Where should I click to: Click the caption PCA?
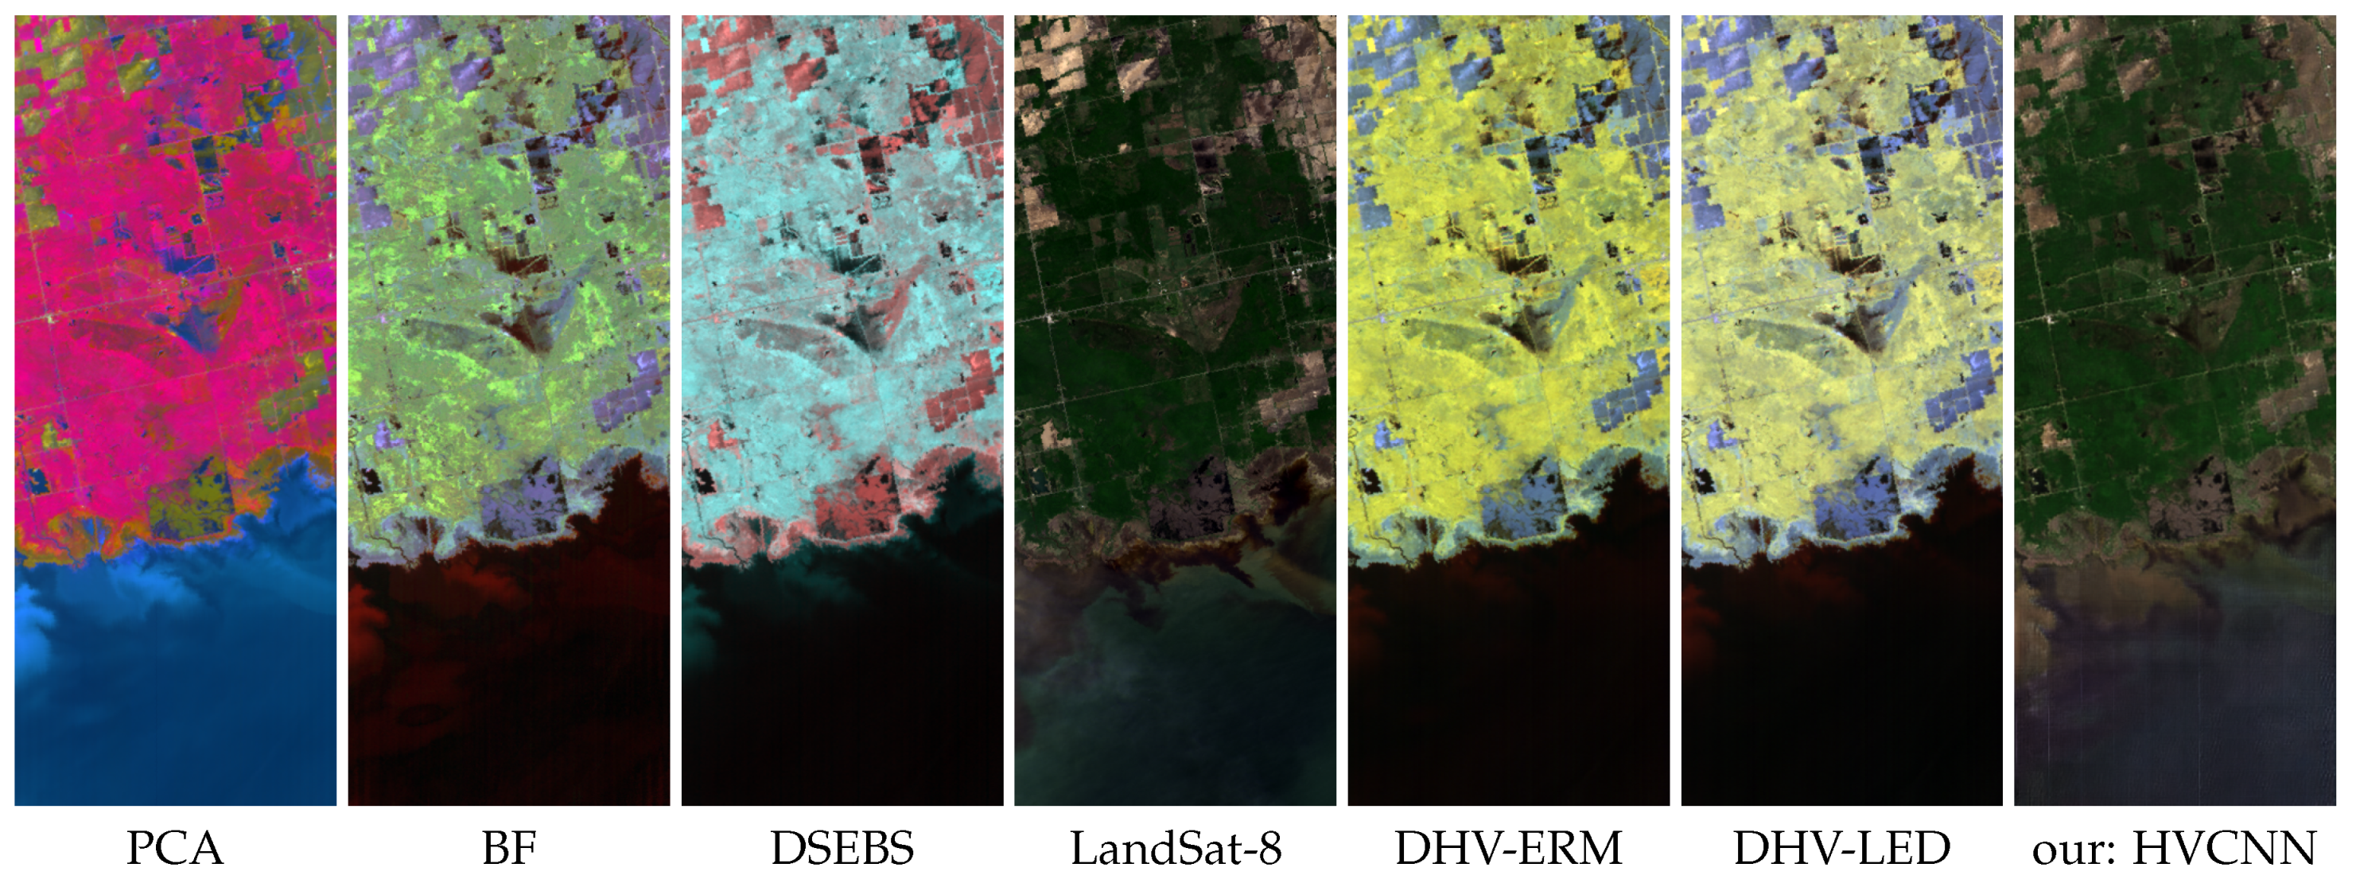(x=175, y=848)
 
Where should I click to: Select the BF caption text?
(x=508, y=848)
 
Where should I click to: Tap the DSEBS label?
(x=842, y=848)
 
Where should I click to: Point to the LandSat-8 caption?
(x=1176, y=848)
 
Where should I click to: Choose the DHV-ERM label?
(x=1508, y=848)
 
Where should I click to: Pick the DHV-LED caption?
(x=1841, y=848)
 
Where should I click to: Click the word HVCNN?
(x=2224, y=848)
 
